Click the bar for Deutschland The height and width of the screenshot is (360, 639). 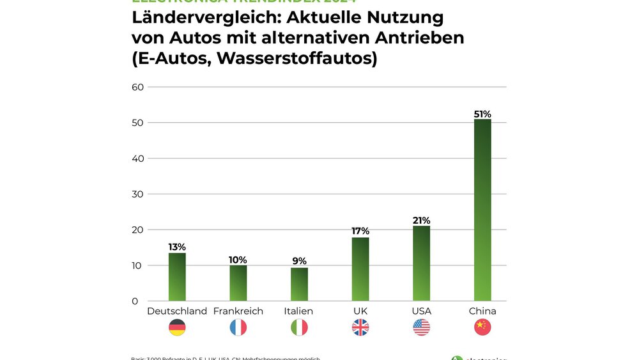177,277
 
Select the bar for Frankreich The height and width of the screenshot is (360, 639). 238,283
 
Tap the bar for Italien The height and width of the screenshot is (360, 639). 299,285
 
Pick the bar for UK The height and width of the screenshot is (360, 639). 360,269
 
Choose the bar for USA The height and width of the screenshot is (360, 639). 421,263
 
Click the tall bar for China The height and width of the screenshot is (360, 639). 482,210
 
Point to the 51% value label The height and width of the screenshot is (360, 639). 482,114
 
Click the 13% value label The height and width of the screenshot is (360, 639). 177,247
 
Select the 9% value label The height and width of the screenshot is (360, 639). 299,261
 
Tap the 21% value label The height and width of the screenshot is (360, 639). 421,220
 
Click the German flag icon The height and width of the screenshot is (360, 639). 177,327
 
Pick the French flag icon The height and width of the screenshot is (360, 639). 238,327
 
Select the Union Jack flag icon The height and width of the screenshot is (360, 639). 360,327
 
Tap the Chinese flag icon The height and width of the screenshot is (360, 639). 482,327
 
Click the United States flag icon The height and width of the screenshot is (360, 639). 421,327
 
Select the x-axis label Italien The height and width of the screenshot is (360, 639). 299,311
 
